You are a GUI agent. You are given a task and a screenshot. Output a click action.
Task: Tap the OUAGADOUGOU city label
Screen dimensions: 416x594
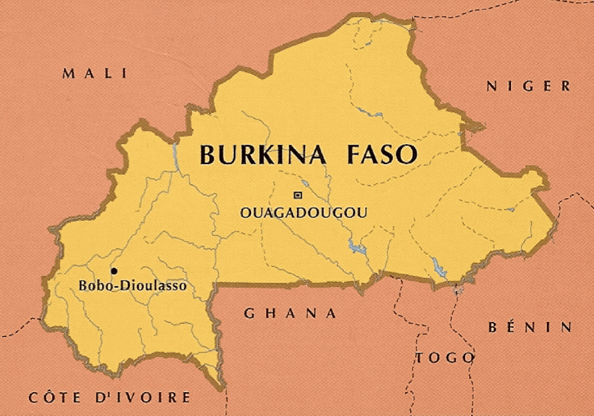(303, 213)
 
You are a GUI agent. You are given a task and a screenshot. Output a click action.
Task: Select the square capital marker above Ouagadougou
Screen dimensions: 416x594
(298, 195)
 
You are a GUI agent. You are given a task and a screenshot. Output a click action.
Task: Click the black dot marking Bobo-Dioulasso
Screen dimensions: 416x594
(114, 271)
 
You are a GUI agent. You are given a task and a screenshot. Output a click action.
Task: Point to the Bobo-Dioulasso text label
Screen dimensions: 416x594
(132, 286)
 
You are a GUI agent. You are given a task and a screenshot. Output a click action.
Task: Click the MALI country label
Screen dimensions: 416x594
(95, 73)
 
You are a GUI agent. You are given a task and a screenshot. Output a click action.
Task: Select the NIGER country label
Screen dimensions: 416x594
(528, 87)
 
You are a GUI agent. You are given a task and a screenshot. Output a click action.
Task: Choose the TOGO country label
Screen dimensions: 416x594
(445, 358)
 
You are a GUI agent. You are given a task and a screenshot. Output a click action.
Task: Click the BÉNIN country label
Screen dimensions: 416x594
(530, 327)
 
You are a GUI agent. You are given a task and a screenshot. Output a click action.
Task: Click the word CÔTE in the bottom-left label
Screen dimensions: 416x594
(56, 398)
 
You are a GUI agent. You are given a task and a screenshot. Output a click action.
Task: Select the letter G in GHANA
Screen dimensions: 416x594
(249, 314)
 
